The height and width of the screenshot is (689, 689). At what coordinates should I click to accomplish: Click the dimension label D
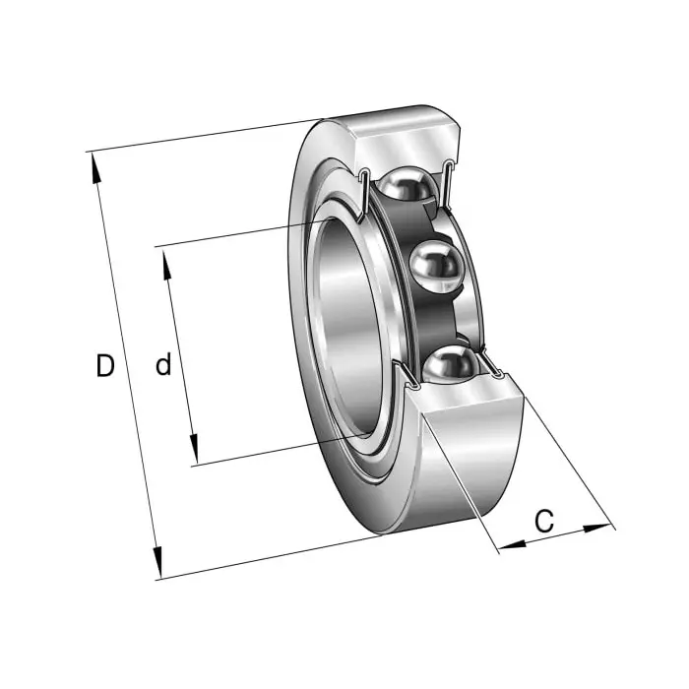(x=105, y=365)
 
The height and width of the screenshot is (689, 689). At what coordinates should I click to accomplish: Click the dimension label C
(x=544, y=521)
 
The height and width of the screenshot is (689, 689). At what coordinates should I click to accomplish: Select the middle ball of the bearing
(x=436, y=266)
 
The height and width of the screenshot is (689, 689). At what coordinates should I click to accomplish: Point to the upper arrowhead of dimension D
(x=94, y=167)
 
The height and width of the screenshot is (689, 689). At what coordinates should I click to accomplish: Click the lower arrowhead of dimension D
(x=157, y=562)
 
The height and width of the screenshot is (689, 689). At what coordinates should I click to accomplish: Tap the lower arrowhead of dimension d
(x=194, y=449)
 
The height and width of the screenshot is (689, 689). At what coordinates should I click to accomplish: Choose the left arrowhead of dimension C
(x=513, y=545)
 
